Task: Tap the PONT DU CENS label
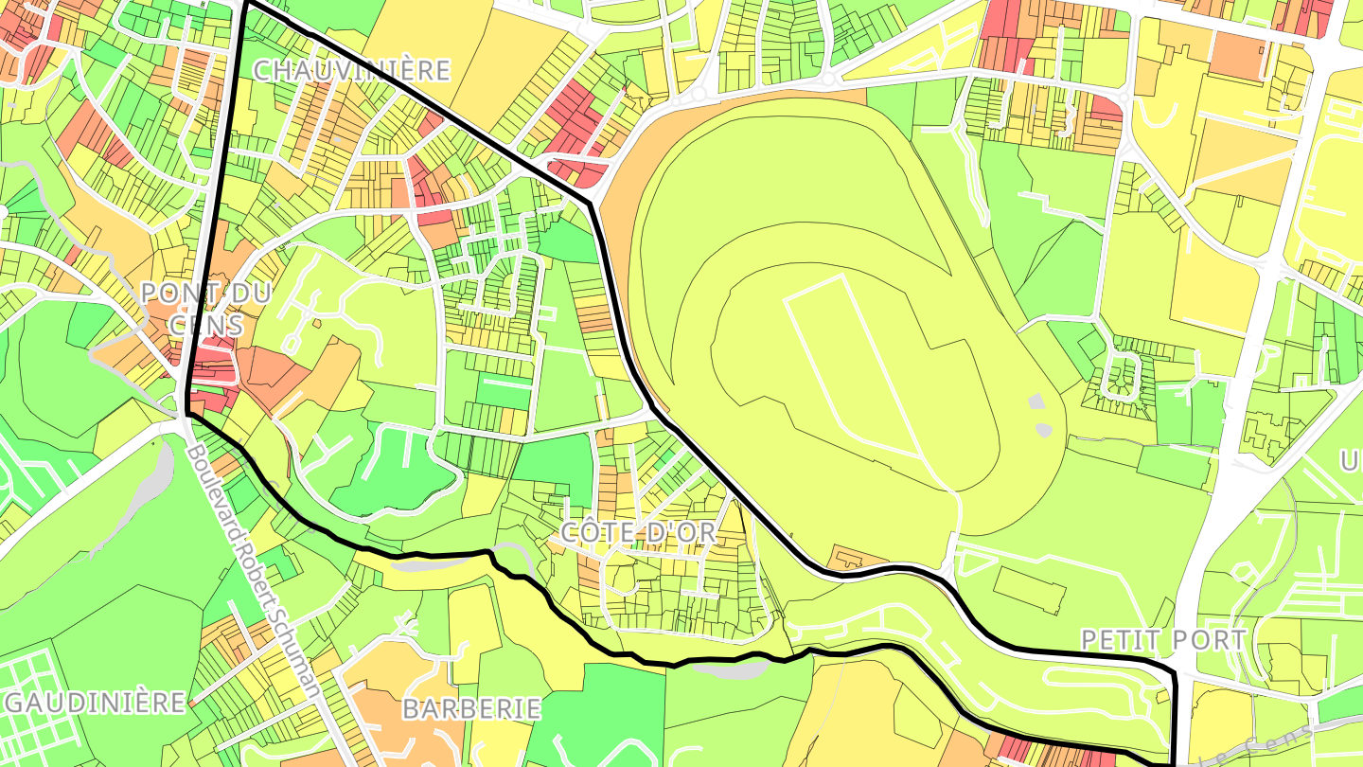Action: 205,309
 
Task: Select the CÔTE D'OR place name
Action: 639,532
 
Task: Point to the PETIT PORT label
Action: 1163,640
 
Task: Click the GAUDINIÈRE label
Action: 95,703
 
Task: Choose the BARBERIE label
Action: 471,708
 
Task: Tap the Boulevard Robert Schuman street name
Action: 256,568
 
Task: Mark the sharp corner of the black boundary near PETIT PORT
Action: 1174,672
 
